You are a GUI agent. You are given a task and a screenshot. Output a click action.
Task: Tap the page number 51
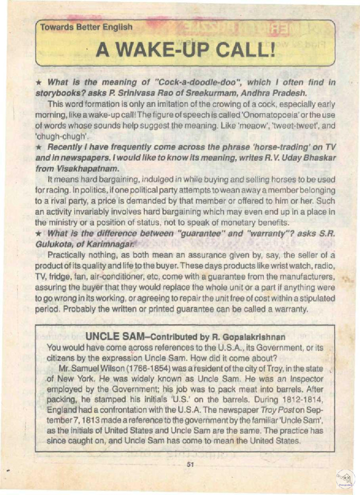tap(191, 465)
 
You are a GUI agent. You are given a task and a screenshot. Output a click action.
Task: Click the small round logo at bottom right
tap(345, 479)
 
